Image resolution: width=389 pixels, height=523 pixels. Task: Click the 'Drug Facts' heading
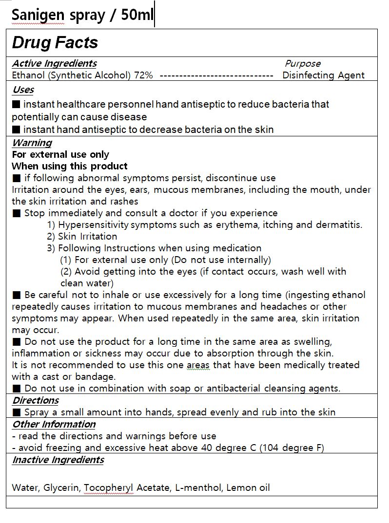coord(55,43)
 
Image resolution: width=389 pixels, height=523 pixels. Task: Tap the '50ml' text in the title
coord(137,15)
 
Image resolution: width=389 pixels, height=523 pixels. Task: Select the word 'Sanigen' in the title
coord(38,16)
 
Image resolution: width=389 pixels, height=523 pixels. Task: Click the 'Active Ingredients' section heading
coord(54,63)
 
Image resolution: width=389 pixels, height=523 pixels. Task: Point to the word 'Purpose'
coord(303,63)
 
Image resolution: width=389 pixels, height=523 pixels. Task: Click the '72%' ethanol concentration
coord(143,75)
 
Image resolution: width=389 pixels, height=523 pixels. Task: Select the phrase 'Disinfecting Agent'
coord(323,75)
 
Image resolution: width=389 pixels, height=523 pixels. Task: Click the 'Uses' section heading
coord(23,90)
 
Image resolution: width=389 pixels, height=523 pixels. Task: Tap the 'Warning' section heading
coord(32,143)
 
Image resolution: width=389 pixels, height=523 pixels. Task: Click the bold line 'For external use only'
coord(60,154)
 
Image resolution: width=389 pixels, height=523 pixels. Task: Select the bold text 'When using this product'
coord(70,166)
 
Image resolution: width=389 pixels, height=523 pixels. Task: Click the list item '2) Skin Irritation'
coord(82,236)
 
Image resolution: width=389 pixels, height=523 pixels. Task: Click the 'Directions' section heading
coord(35,400)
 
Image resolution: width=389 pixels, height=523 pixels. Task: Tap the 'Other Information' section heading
coord(54,424)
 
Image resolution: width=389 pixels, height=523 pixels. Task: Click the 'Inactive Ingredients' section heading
coord(58,460)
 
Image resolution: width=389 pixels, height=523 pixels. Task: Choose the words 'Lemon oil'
coord(248,487)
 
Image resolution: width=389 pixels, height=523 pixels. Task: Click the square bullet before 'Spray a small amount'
coord(17,412)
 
